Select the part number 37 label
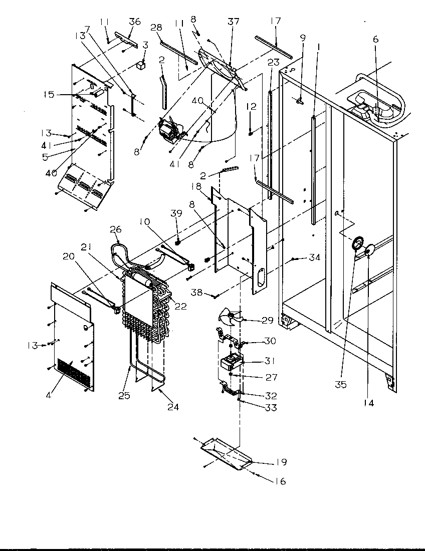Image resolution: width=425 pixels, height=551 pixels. point(234,22)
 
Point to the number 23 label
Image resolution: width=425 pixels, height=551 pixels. point(273,63)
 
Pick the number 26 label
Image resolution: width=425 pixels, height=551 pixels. point(115,229)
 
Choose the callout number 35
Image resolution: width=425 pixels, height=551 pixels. point(356,384)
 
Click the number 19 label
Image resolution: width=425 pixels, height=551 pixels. point(281,462)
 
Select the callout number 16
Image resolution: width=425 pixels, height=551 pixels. point(280,481)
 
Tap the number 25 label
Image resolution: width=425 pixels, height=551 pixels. point(124,395)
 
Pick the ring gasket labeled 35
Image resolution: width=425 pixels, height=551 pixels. point(357,243)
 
